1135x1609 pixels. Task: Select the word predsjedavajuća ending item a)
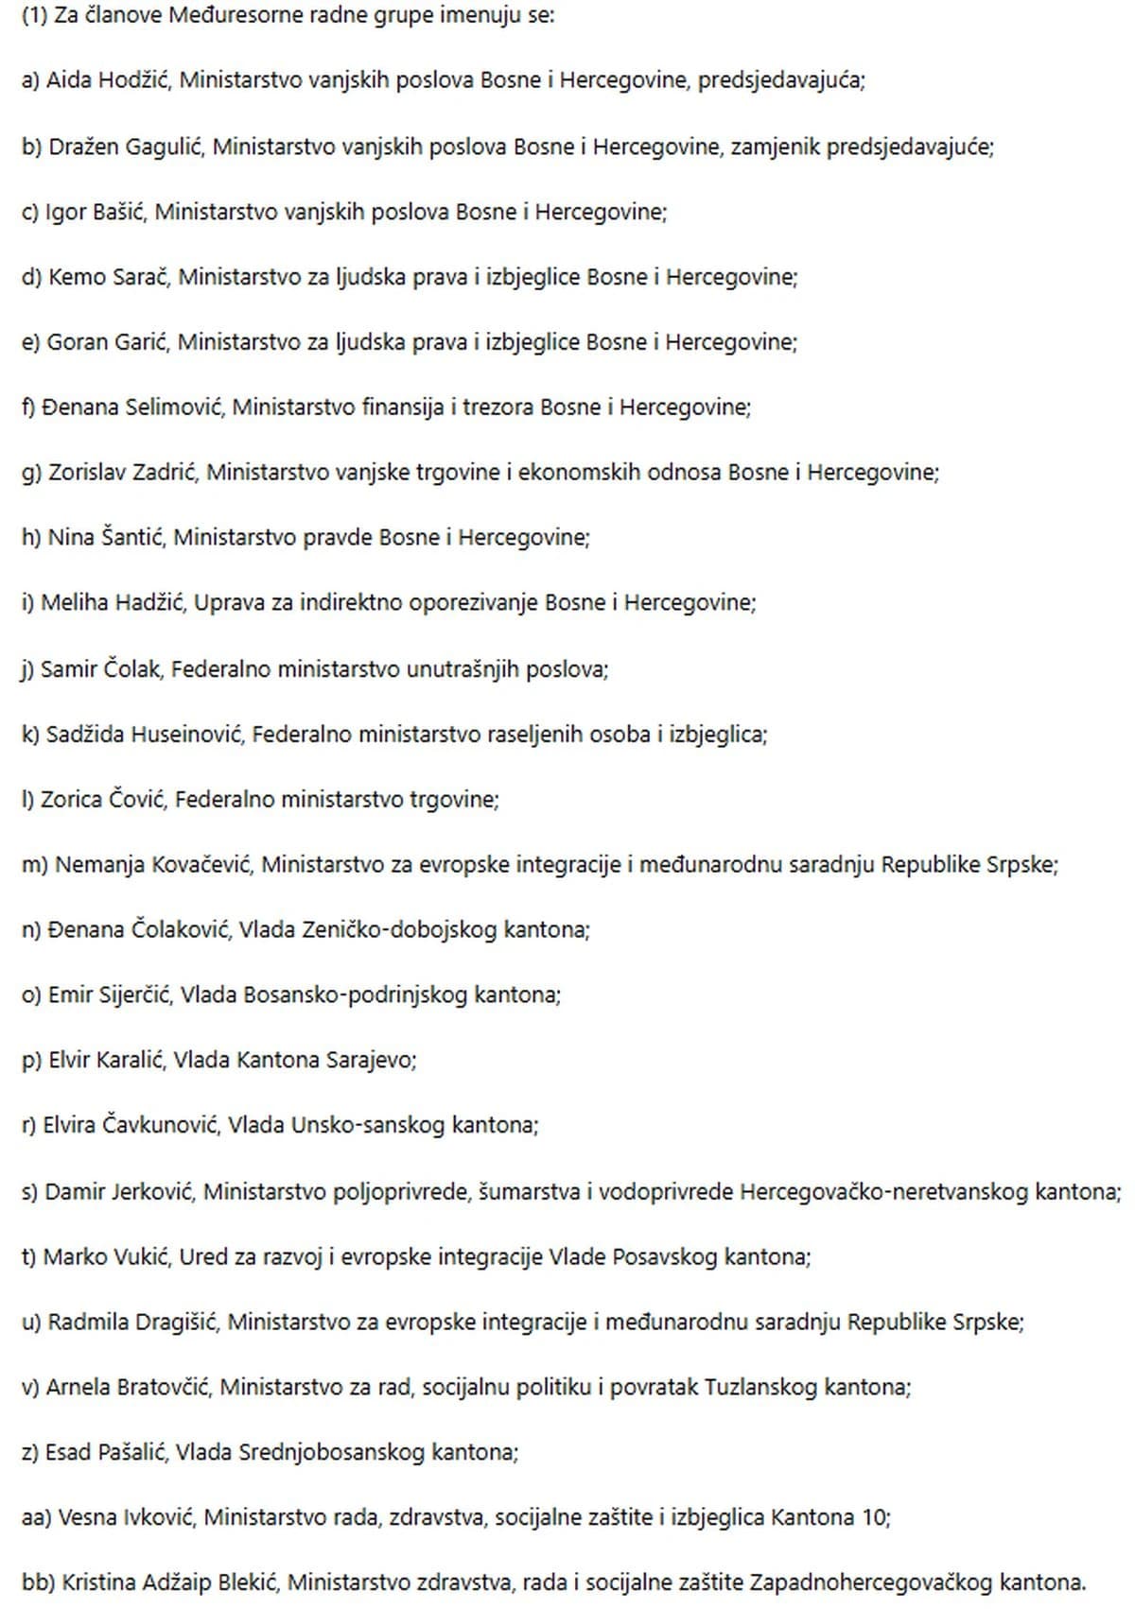click(x=781, y=80)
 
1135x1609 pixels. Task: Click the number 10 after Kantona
click(x=875, y=1518)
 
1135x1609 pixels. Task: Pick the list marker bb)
click(x=37, y=1583)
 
